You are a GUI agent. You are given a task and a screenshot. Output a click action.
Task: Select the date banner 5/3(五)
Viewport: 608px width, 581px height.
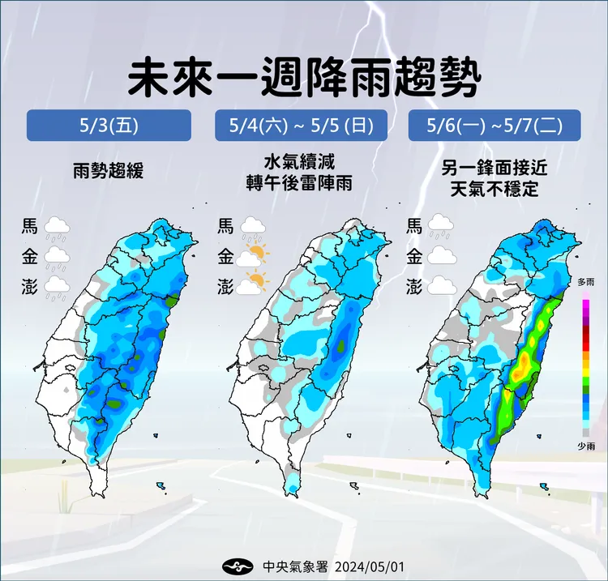pos(109,126)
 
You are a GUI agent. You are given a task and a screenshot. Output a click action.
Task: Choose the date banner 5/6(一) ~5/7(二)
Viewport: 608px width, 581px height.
pos(495,126)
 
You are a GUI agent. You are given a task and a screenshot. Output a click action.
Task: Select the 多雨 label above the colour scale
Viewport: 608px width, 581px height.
pos(586,281)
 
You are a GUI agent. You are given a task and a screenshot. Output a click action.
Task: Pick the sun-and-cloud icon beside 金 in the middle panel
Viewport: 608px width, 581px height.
pos(253,256)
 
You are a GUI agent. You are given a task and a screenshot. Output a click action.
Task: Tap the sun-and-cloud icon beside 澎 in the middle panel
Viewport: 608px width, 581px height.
pos(253,283)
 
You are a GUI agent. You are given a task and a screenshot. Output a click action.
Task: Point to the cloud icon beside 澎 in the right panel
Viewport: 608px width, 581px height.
pos(440,285)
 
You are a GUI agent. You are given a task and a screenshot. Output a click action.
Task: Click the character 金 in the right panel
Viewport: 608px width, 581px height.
pos(414,257)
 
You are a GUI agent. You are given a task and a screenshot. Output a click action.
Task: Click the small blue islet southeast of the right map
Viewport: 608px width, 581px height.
pos(546,486)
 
